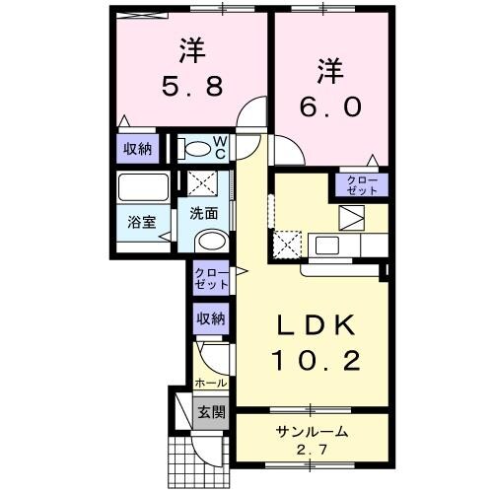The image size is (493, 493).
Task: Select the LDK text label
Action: (x=306, y=325)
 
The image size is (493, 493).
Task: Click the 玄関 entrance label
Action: (x=209, y=410)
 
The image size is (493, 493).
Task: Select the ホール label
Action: (x=210, y=382)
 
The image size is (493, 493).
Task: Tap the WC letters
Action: (x=221, y=148)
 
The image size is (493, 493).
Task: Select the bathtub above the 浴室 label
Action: (x=142, y=187)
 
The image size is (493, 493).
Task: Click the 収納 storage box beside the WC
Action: (x=137, y=149)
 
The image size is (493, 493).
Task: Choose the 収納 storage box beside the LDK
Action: (x=209, y=318)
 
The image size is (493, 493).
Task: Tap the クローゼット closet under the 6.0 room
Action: (x=361, y=184)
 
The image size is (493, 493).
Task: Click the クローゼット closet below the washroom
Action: (x=210, y=278)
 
